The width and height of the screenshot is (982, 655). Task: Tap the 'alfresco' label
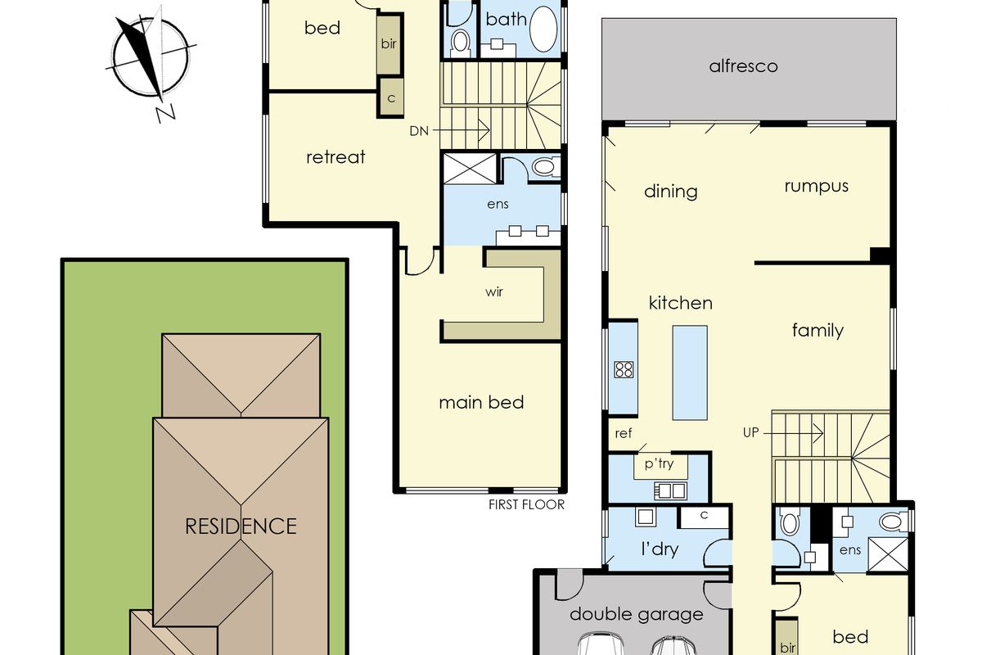pos(743,65)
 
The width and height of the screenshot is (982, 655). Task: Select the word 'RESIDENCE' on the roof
pos(241,525)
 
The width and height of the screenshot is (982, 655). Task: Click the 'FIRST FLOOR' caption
pos(526,504)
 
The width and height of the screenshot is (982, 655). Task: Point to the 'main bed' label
pos(481,402)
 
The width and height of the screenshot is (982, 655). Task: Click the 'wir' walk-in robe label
pos(493,292)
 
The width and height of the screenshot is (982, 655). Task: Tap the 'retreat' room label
pos(336,156)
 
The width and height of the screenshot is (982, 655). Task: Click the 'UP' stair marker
pos(751,431)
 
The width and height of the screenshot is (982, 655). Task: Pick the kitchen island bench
pos(690,373)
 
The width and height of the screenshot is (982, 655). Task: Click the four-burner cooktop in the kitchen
pos(624,369)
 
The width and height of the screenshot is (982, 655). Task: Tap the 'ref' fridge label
pos(624,434)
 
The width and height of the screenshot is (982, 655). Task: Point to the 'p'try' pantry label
pos(660,464)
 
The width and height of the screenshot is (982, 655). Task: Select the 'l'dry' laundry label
pos(659,549)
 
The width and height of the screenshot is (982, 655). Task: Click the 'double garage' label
pos(636,613)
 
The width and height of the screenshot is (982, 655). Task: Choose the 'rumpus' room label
pos(816,185)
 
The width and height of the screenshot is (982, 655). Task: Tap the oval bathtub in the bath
pos(543,29)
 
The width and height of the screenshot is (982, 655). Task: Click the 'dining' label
pos(671,191)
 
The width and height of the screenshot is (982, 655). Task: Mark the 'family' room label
pos(818,330)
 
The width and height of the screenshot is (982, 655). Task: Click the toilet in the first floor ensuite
pos(544,168)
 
